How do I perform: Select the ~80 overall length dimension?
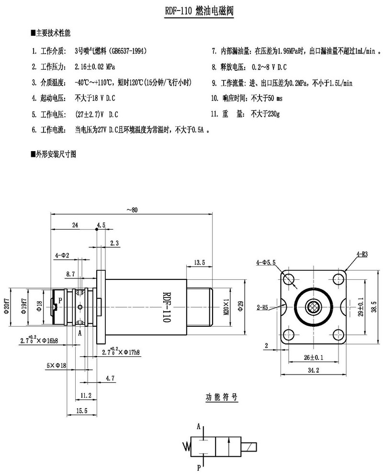click(132, 210)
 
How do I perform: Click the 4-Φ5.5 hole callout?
click(266, 262)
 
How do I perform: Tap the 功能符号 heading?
click(221, 397)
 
